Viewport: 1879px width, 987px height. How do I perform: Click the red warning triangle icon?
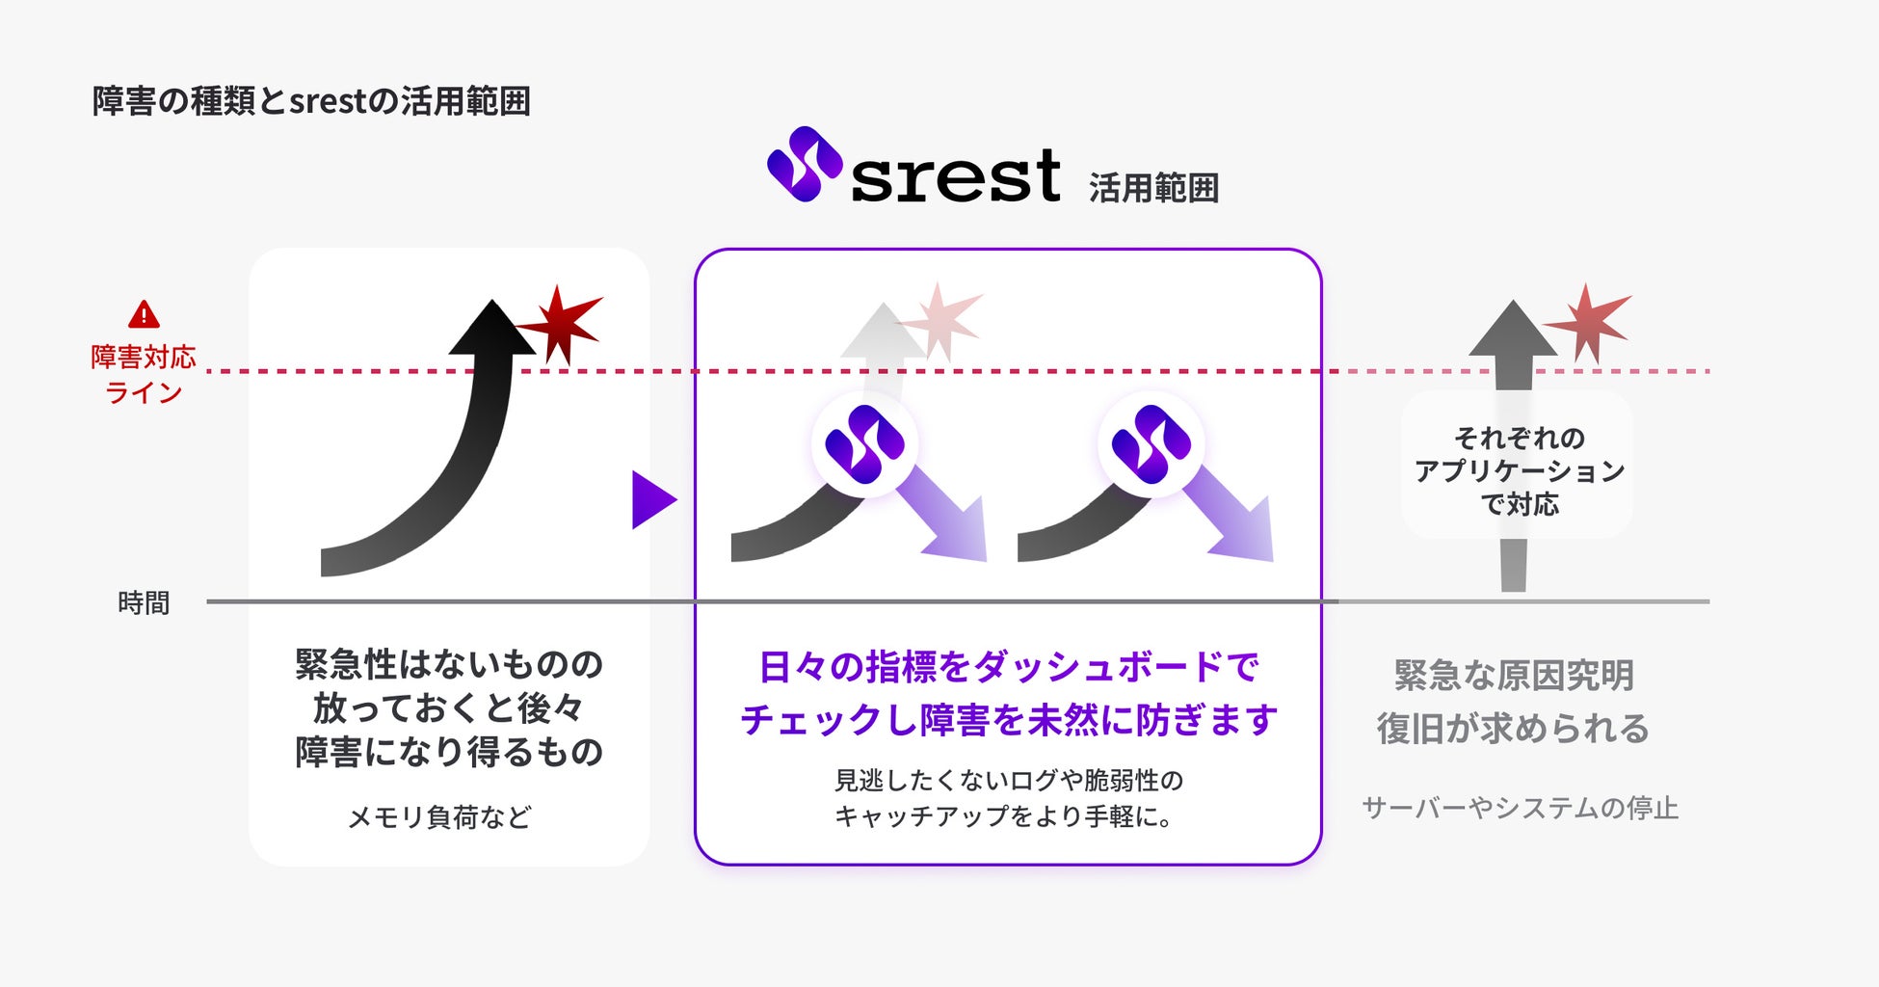[144, 314]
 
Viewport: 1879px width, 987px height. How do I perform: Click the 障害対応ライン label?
[144, 374]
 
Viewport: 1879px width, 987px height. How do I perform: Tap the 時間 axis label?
[144, 603]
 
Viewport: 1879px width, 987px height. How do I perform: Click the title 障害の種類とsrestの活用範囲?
[311, 101]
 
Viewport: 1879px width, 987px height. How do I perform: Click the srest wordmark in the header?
[955, 176]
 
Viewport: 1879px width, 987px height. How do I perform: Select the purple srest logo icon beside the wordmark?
[805, 165]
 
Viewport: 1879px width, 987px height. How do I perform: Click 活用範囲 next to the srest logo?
[1153, 188]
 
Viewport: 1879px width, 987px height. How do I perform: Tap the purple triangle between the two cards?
[652, 500]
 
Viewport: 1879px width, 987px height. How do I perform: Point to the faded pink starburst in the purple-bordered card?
[940, 320]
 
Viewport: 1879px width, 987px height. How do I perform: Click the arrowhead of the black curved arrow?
[492, 329]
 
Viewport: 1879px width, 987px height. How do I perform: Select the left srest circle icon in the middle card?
[864, 444]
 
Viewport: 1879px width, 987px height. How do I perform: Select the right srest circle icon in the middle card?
[1151, 444]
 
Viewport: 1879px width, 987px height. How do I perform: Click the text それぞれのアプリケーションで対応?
[1519, 470]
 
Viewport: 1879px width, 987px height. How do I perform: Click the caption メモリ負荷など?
[439, 817]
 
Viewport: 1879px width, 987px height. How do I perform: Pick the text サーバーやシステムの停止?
[1520, 808]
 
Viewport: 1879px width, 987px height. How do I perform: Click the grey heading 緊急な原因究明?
[1514, 675]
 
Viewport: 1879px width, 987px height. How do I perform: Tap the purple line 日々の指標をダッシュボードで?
[1009, 667]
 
